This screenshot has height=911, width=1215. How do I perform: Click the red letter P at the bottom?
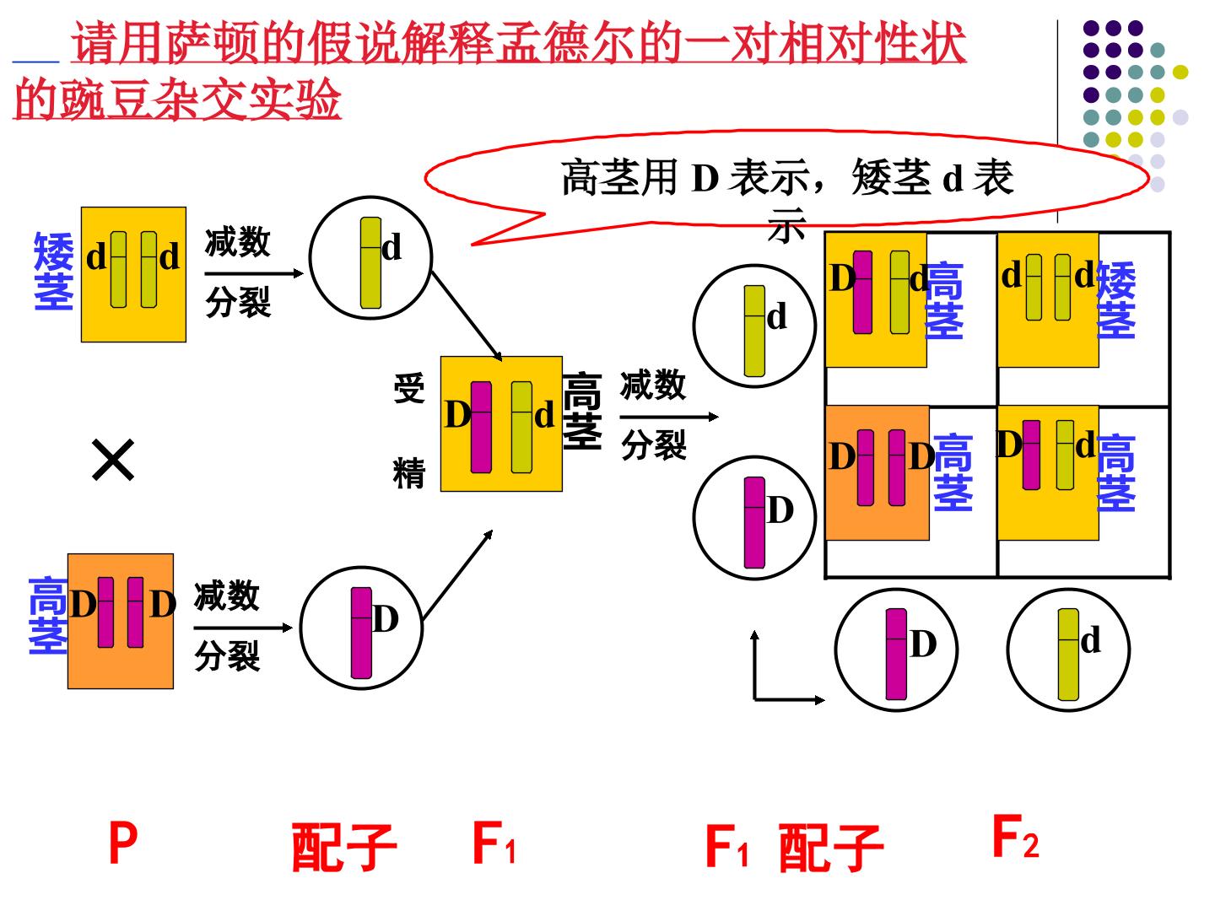tap(123, 842)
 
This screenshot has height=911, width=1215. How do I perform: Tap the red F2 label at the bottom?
tap(1015, 836)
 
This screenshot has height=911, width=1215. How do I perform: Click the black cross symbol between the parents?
tap(113, 460)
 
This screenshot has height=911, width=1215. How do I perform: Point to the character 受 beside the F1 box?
tap(409, 388)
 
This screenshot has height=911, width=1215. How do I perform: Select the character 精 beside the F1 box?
tap(409, 473)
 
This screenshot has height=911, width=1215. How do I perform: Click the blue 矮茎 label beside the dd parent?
tap(54, 271)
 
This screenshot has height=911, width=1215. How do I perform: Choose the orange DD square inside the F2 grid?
tap(877, 473)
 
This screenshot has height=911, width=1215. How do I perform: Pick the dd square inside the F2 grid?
tap(1048, 299)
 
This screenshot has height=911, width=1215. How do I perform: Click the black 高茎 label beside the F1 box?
tap(582, 411)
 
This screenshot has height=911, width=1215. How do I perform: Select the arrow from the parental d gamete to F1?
tap(466, 315)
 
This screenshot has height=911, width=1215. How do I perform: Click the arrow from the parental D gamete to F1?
tap(457, 574)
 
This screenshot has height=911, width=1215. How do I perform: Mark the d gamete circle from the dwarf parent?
tap(370, 258)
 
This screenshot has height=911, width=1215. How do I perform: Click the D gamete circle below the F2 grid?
tap(896, 650)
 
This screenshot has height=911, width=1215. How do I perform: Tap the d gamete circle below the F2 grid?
tap(1068, 650)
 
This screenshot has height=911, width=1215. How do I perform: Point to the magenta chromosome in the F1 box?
tap(481, 427)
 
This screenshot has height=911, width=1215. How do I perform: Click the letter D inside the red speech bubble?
tap(705, 178)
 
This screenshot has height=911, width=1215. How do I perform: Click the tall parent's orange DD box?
tap(121, 621)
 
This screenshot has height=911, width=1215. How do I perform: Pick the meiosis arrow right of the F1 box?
tap(668, 417)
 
